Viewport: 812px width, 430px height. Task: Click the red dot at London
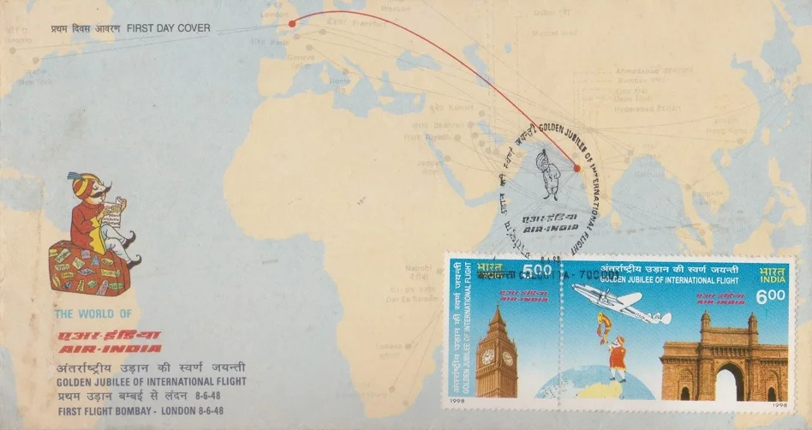292,23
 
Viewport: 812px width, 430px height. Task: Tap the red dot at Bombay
576,168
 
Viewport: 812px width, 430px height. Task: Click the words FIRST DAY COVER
168,28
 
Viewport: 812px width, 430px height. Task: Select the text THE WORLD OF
93,314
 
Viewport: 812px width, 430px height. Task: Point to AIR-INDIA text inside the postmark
539,229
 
